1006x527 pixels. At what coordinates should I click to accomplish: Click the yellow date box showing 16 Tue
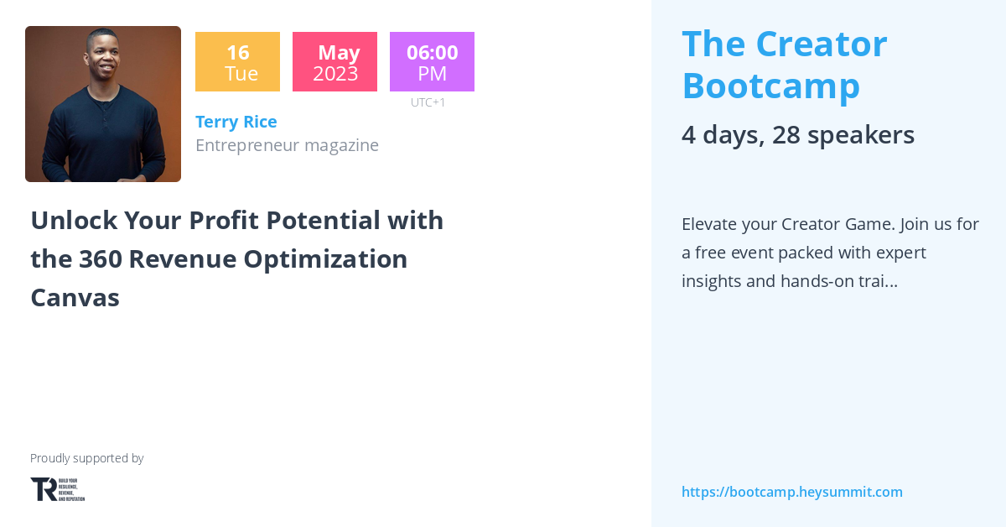tap(237, 62)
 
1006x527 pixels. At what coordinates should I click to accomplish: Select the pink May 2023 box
tap(334, 62)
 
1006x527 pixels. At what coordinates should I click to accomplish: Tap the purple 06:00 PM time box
tap(432, 62)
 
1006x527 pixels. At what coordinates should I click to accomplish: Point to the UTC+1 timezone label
tap(428, 102)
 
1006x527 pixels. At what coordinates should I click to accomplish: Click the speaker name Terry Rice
tap(236, 122)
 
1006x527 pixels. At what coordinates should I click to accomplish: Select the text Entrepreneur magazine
tap(287, 145)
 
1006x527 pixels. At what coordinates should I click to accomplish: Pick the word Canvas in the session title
tap(75, 298)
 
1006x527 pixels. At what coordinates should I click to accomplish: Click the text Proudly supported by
tap(86, 458)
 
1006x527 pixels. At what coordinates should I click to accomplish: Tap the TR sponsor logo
tap(57, 489)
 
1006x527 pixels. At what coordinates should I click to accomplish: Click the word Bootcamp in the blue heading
tap(770, 86)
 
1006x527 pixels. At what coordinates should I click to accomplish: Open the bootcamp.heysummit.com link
tap(791, 492)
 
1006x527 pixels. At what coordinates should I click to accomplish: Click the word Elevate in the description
tap(710, 224)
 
